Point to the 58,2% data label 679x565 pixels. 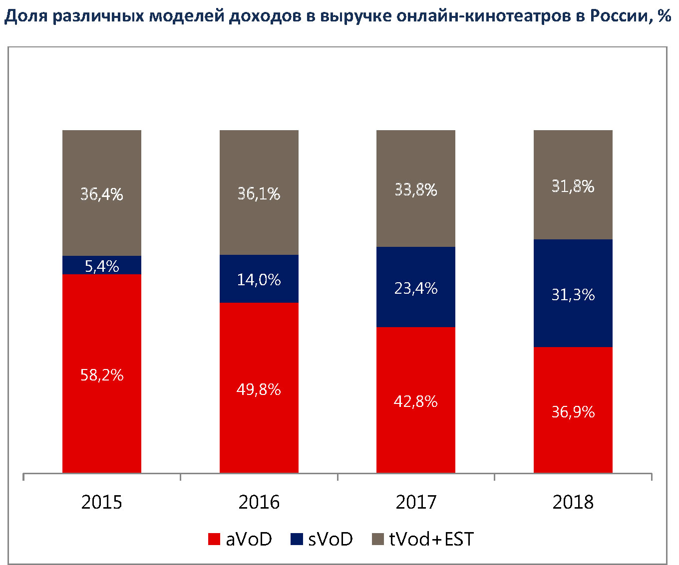pos(102,375)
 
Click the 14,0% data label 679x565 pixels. pos(259,280)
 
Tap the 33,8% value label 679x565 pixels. pos(415,190)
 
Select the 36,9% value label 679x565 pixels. pos(573,412)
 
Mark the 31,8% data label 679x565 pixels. pos(573,187)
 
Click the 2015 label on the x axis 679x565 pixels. pos(101,502)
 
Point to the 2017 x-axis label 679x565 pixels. pos(415,502)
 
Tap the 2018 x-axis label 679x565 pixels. pos(573,502)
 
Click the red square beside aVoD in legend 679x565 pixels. pos(214,540)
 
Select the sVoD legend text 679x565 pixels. pos(330,540)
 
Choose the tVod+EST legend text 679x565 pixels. pos(431,540)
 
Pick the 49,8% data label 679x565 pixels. pos(259,389)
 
